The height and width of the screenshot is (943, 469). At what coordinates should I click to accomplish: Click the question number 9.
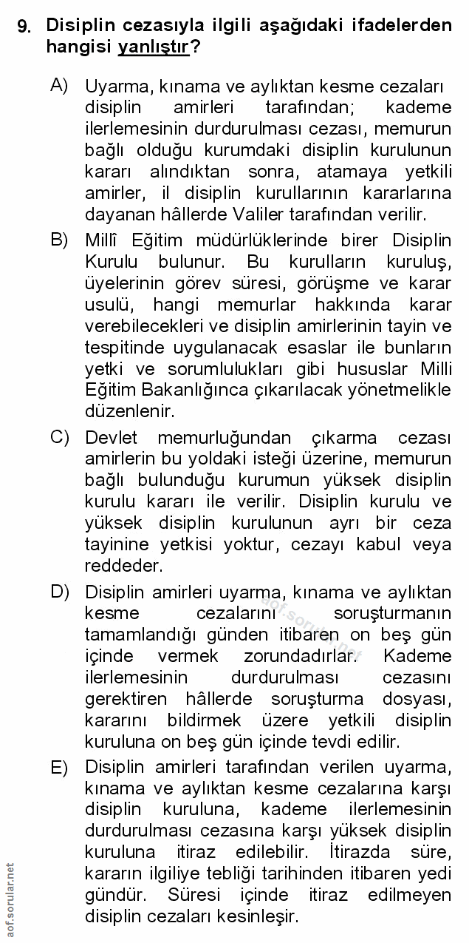click(x=24, y=27)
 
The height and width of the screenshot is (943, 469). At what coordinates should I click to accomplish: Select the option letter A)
click(x=59, y=84)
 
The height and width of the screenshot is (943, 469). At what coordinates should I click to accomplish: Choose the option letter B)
click(x=59, y=240)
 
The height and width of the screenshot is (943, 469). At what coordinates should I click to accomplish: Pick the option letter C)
click(x=59, y=437)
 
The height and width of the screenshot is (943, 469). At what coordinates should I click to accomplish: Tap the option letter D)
click(x=59, y=592)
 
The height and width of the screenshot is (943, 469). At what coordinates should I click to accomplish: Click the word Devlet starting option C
click(x=110, y=438)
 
